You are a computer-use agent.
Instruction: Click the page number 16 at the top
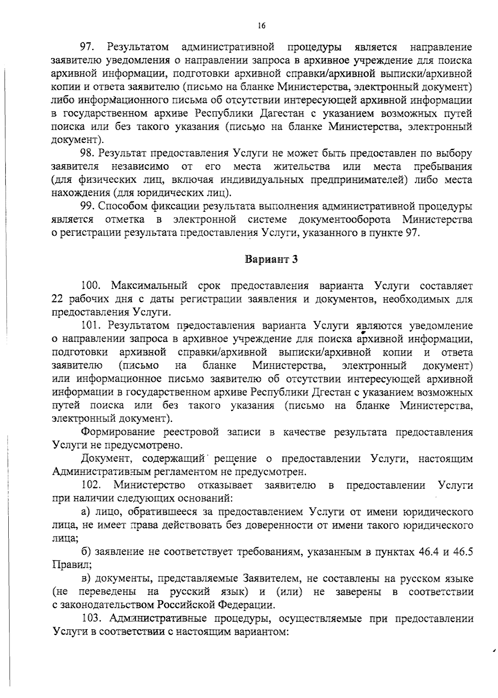coord(261,26)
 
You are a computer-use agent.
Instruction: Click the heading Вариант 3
coord(272,259)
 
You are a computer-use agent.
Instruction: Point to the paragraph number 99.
coord(88,206)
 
